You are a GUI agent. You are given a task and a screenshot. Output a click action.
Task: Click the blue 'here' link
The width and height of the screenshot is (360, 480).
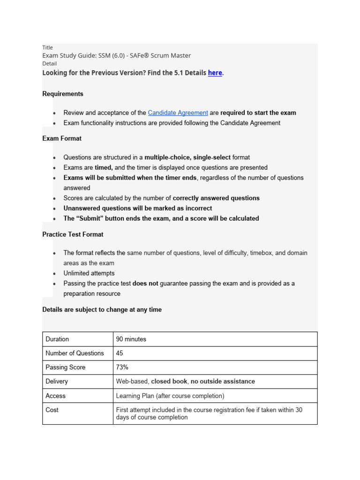point(215,73)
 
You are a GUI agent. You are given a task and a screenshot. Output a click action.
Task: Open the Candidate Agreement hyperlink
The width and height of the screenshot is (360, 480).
point(178,112)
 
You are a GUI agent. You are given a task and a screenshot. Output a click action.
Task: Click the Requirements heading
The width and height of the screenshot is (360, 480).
point(63,94)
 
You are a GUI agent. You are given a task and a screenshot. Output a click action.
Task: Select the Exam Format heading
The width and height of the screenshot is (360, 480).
point(62,138)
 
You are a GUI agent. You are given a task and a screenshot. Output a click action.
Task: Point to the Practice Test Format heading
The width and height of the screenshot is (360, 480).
point(73,234)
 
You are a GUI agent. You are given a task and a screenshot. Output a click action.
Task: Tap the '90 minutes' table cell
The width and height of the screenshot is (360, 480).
point(131,339)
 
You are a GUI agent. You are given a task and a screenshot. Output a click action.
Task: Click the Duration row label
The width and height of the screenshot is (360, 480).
point(57,339)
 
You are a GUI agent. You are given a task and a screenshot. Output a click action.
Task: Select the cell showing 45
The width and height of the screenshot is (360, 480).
point(120,353)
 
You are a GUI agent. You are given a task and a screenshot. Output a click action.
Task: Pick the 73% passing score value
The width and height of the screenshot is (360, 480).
point(122,367)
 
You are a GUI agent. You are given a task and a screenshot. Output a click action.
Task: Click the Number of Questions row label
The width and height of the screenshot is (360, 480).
point(75,353)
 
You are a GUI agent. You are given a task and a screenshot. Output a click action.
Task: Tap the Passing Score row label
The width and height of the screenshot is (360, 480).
point(66,367)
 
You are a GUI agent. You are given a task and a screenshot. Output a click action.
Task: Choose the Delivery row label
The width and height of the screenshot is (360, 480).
point(57,382)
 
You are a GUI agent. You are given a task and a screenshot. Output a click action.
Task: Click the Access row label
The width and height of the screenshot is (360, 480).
point(55,396)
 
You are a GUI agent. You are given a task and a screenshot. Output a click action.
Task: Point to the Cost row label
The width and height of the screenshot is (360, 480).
point(52,410)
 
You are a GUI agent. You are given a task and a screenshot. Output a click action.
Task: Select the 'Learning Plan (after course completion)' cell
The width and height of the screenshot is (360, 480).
point(170,396)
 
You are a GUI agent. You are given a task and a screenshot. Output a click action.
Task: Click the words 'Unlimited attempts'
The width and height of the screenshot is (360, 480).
point(89,273)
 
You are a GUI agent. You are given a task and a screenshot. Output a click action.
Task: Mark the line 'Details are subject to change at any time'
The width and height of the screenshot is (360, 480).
point(102,309)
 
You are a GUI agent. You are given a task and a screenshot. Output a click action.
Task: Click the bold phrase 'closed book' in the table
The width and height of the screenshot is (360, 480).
point(168,382)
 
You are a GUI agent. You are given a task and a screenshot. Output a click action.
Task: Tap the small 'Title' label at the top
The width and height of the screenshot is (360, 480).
point(47,47)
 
